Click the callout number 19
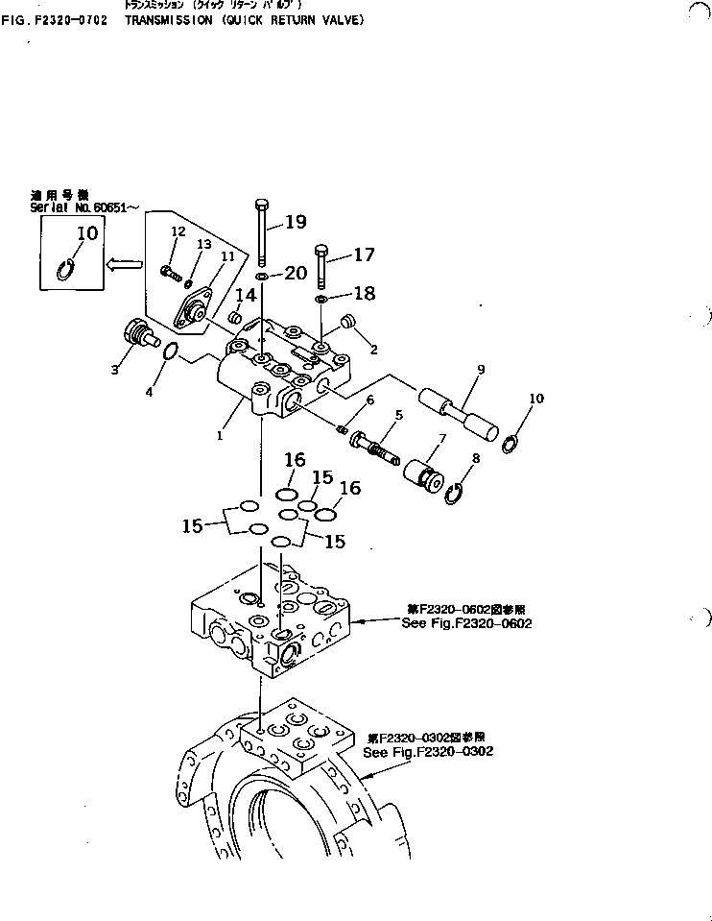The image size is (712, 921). point(295,223)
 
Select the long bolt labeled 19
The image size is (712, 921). point(261,235)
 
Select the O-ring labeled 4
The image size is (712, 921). point(169,353)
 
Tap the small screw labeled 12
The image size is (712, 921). point(170,273)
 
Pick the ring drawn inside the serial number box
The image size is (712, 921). point(67,270)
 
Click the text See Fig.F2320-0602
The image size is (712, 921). point(466,623)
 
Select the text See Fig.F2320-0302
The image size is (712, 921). point(428,751)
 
